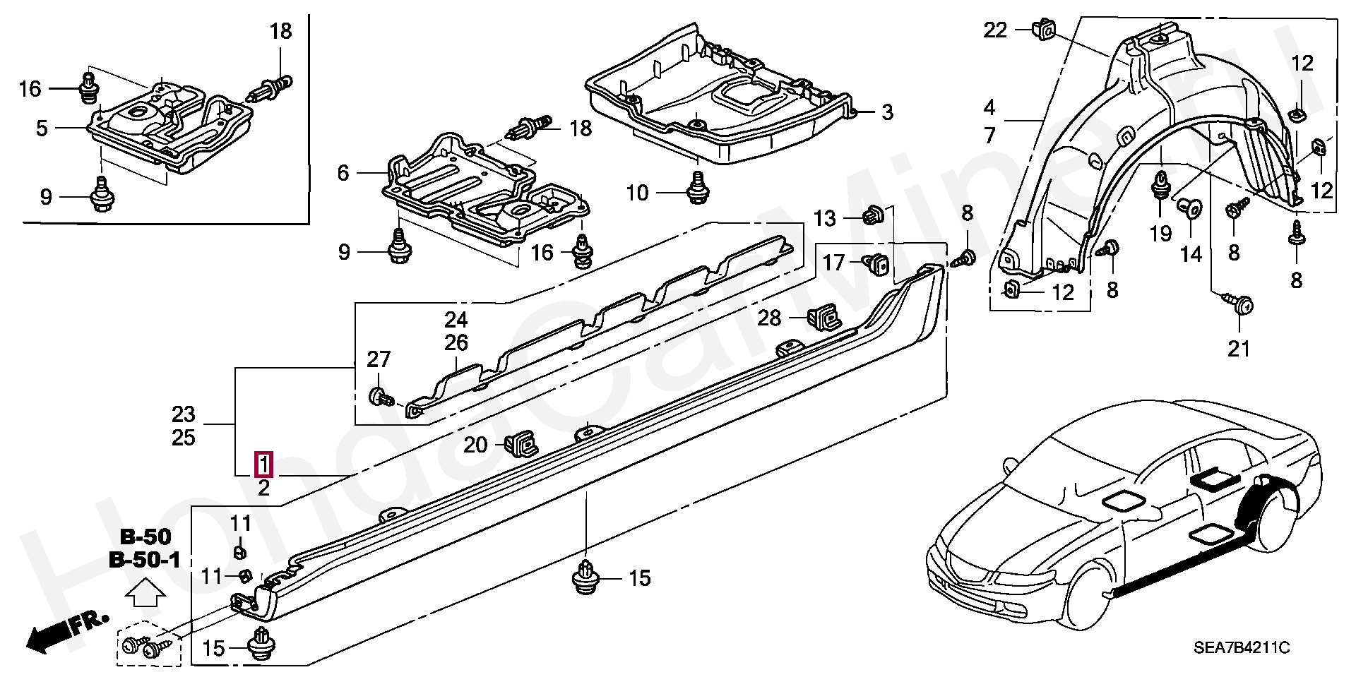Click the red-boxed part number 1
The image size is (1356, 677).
point(264,465)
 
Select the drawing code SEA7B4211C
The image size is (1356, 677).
point(1242,647)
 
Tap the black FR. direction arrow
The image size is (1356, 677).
point(68,631)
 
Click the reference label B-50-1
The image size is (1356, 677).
point(145,561)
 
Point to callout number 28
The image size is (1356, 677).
point(769,318)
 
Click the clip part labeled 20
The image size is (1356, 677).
point(521,443)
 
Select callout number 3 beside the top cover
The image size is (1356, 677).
point(887,112)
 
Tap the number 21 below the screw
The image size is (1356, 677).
point(1239,349)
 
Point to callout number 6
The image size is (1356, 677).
point(343,173)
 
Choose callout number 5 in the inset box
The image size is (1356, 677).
point(42,128)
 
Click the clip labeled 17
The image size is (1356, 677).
point(876,264)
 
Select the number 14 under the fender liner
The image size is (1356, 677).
point(1191,254)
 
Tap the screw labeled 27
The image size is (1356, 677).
point(381,396)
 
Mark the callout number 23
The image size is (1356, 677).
point(183,414)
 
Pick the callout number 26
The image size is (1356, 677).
point(456,343)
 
